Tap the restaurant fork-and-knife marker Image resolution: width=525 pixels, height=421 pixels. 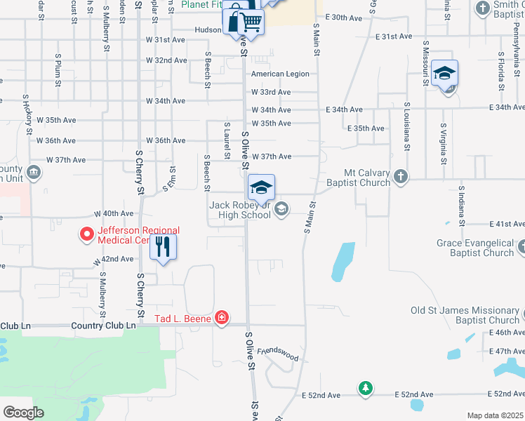pos(163,247)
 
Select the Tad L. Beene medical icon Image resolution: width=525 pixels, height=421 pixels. pos(222,319)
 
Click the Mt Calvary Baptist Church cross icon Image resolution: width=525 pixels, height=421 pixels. pos(400,175)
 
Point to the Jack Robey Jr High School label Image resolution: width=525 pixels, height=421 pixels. pos(240,210)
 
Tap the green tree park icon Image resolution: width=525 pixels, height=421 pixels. pos(365,388)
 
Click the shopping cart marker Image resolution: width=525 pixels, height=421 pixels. pos(253,22)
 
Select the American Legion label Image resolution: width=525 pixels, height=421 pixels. pos(280,74)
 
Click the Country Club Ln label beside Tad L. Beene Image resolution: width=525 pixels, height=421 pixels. pos(103,326)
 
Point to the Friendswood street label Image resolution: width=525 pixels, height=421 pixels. pos(278,354)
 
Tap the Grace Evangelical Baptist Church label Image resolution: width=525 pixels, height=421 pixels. pos(475,248)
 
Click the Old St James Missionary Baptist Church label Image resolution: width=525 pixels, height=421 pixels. pos(465,315)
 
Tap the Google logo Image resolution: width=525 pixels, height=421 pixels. pos(23,413)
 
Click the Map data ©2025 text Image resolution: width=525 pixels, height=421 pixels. pos(495,415)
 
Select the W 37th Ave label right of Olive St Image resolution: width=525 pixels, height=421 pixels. pos(271,156)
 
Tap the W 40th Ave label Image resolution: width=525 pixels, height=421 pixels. pos(114,213)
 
